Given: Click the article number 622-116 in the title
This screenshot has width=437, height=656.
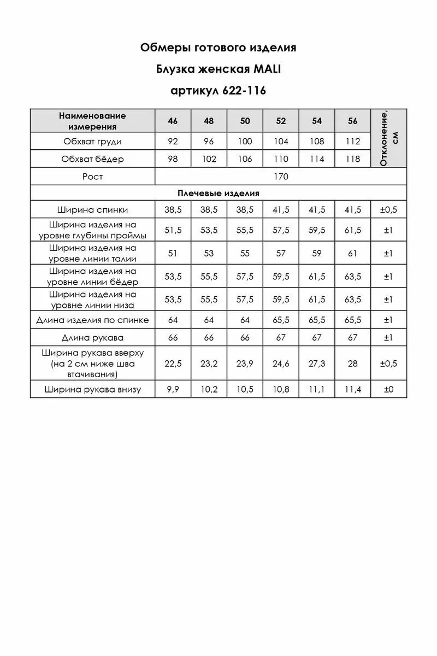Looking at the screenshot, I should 244,91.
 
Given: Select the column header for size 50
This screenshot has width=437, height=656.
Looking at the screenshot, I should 245,121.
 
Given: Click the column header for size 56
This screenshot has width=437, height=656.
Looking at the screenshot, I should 353,121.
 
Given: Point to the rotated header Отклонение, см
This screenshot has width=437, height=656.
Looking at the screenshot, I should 388,138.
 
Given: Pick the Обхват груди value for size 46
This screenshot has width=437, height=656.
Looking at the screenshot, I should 173,142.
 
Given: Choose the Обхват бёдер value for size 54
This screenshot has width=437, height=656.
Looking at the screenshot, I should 317,159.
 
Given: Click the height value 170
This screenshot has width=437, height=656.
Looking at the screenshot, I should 281,177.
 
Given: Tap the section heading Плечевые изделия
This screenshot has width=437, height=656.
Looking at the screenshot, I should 218,193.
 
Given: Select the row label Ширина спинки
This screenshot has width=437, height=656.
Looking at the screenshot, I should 92,209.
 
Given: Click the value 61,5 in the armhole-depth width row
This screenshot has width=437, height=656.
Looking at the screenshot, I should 353,230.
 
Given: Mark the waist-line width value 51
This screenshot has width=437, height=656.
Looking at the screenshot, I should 173,253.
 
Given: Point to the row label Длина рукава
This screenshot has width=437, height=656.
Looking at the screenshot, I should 92,337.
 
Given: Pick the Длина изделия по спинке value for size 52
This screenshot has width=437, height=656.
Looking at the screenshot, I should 281,320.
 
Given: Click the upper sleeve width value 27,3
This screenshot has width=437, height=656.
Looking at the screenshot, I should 317,364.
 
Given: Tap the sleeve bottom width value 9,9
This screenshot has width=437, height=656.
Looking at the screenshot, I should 173,389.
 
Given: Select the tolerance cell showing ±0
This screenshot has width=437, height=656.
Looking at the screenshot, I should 388,389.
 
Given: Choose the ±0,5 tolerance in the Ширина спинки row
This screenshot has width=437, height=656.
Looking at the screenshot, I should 388,209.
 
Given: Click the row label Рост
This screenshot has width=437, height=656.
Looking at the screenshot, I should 92,177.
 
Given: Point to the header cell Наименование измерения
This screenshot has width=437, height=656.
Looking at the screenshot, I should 92,121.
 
